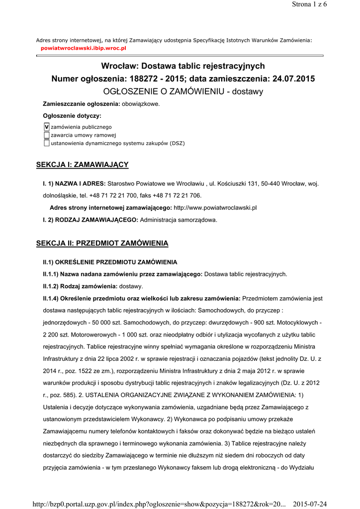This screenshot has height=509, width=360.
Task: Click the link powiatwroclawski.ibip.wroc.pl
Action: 83,48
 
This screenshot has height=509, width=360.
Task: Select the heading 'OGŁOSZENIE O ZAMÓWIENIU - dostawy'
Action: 183,91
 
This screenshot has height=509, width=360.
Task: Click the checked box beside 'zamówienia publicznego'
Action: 47,127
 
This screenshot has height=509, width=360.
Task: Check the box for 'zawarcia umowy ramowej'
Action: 47,135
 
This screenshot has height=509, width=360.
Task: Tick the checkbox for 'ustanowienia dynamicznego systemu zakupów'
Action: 47,143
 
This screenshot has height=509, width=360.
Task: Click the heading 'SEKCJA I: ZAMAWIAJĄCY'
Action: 83,165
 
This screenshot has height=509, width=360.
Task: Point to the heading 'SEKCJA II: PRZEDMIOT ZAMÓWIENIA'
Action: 102,243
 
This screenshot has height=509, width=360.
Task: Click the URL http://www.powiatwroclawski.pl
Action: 215,207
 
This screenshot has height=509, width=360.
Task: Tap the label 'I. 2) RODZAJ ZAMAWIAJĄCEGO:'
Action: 91,219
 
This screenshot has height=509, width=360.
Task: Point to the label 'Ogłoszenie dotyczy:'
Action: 72,116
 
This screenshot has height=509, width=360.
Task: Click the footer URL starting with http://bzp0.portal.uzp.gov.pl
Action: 159,504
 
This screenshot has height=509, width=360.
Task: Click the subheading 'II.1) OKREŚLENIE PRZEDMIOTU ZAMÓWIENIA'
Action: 110,262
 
